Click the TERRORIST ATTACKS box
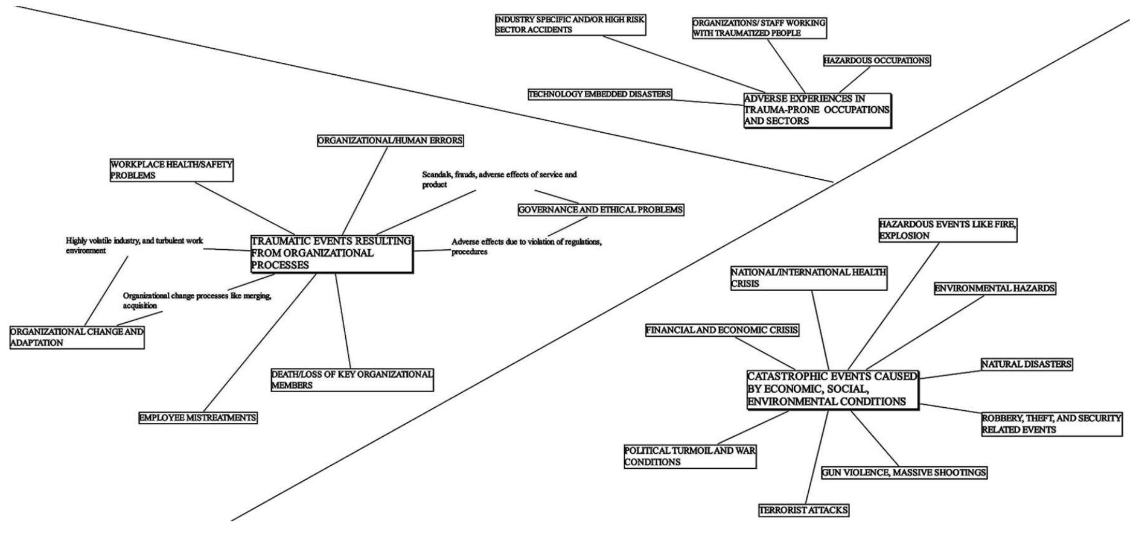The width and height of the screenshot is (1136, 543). click(x=803, y=510)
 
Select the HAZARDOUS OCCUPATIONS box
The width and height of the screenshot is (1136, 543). click(x=876, y=60)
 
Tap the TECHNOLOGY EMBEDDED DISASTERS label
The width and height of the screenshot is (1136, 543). click(x=599, y=94)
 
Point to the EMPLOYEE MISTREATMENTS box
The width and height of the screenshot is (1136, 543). click(x=198, y=418)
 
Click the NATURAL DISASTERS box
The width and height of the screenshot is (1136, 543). click(x=1026, y=364)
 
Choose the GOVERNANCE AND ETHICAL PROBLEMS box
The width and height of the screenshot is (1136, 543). click(x=601, y=210)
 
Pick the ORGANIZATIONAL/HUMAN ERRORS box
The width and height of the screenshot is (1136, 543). click(x=391, y=141)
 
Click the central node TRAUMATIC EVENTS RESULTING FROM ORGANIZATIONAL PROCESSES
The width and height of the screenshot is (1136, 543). click(x=331, y=253)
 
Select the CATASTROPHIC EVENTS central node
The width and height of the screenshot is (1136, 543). click(x=832, y=390)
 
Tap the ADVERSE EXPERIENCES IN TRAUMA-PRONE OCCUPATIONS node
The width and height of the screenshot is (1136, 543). click(x=817, y=110)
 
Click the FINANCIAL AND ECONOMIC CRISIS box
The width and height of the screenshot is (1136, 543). click(x=722, y=331)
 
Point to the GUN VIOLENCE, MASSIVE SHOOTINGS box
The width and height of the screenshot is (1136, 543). click(x=904, y=472)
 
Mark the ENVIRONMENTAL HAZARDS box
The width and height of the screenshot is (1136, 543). click(x=995, y=288)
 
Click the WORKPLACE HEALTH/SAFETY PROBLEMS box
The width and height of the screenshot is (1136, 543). click(x=171, y=170)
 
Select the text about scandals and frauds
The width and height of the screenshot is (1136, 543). click(x=499, y=179)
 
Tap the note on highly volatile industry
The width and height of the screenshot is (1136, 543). click(x=134, y=245)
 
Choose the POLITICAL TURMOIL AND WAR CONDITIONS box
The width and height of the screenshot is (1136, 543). click(x=690, y=456)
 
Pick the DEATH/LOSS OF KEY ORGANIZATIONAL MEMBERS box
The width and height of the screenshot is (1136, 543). click(x=352, y=379)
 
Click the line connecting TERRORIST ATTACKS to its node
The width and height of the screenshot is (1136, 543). click(x=817, y=459)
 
